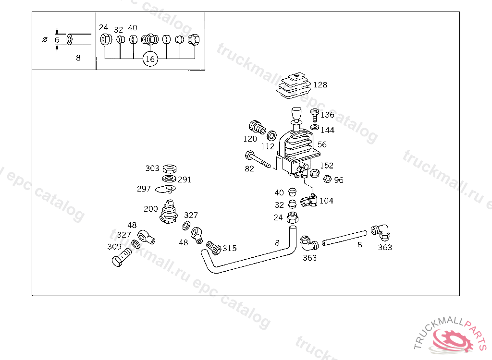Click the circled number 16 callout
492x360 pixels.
(150, 59)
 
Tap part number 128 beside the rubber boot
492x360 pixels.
(320, 84)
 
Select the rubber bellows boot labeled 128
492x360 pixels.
(294, 85)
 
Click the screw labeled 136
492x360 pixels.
(315, 115)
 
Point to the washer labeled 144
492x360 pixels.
(315, 127)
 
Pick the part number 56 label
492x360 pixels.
(322, 144)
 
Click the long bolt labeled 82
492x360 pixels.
(258, 159)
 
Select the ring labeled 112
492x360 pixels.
(272, 136)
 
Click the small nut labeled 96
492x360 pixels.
(327, 179)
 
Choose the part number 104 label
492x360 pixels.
(326, 201)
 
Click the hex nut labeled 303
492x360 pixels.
(170, 169)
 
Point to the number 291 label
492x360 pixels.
(184, 180)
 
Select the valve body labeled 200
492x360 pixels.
(169, 212)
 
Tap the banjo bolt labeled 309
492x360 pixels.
(121, 257)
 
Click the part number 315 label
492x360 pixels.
(230, 248)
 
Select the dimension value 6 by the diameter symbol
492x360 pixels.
(57, 40)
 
